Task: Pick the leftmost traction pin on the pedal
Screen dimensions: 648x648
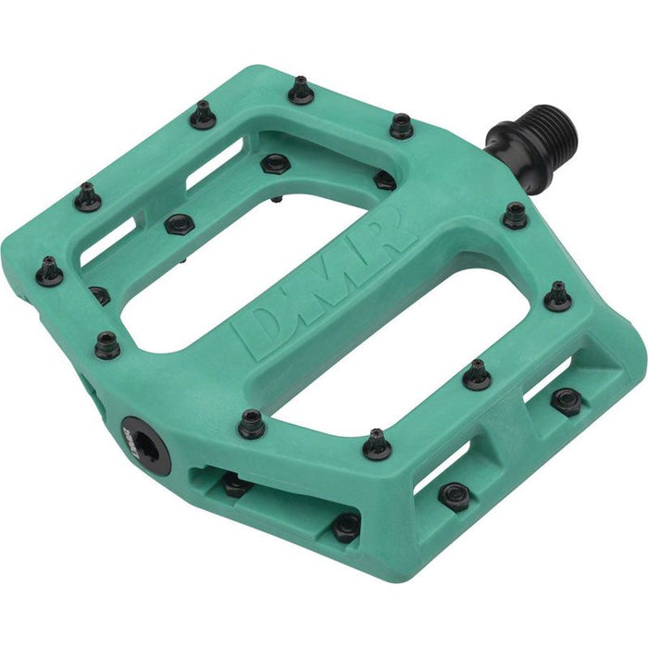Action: [50, 271]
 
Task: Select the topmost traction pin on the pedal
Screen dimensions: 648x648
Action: [299, 90]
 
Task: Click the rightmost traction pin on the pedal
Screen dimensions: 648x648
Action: [558, 296]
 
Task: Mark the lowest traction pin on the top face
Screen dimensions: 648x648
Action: [377, 443]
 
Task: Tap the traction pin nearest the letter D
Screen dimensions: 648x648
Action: [251, 424]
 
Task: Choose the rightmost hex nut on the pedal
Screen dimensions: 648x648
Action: [566, 400]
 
